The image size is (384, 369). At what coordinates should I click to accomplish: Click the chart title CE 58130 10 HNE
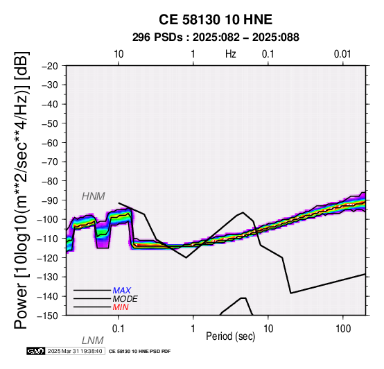216,19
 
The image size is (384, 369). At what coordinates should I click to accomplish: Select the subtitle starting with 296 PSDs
216,37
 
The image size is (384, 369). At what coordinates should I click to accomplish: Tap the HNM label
94,196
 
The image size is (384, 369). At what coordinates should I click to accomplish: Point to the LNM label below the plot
93,341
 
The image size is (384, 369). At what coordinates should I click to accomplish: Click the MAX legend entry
122,291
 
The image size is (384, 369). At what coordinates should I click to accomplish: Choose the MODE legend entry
125,299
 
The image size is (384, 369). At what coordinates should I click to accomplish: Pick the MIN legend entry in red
121,307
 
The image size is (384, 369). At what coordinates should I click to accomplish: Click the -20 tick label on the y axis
50,66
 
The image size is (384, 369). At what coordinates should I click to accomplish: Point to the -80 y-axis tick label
50,181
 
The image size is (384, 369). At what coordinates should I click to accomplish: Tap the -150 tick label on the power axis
48,316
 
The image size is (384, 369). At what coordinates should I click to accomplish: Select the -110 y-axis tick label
48,239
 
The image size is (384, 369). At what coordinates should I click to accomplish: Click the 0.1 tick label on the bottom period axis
119,329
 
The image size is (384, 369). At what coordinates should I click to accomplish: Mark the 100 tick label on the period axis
343,329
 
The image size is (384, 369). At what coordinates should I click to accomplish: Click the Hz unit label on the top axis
230,54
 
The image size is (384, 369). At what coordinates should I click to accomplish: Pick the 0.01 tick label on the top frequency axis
342,54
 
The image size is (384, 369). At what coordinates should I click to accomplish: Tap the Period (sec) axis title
230,336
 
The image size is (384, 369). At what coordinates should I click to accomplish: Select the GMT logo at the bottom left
36,351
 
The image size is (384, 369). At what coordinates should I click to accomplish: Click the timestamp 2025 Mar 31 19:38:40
75,351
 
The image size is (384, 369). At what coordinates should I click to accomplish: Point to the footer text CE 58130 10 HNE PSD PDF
139,352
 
